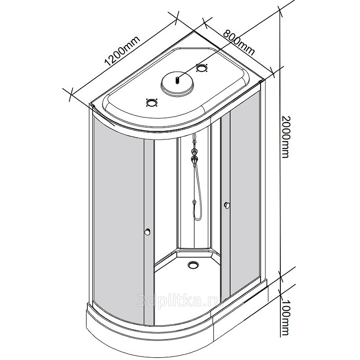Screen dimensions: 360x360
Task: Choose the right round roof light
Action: (x=202, y=68)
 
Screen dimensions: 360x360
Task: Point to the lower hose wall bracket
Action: (x=194, y=202)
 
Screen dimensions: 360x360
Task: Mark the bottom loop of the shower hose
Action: (x=197, y=219)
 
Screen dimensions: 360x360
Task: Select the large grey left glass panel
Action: (x=118, y=216)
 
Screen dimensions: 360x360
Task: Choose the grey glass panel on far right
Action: (x=246, y=189)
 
